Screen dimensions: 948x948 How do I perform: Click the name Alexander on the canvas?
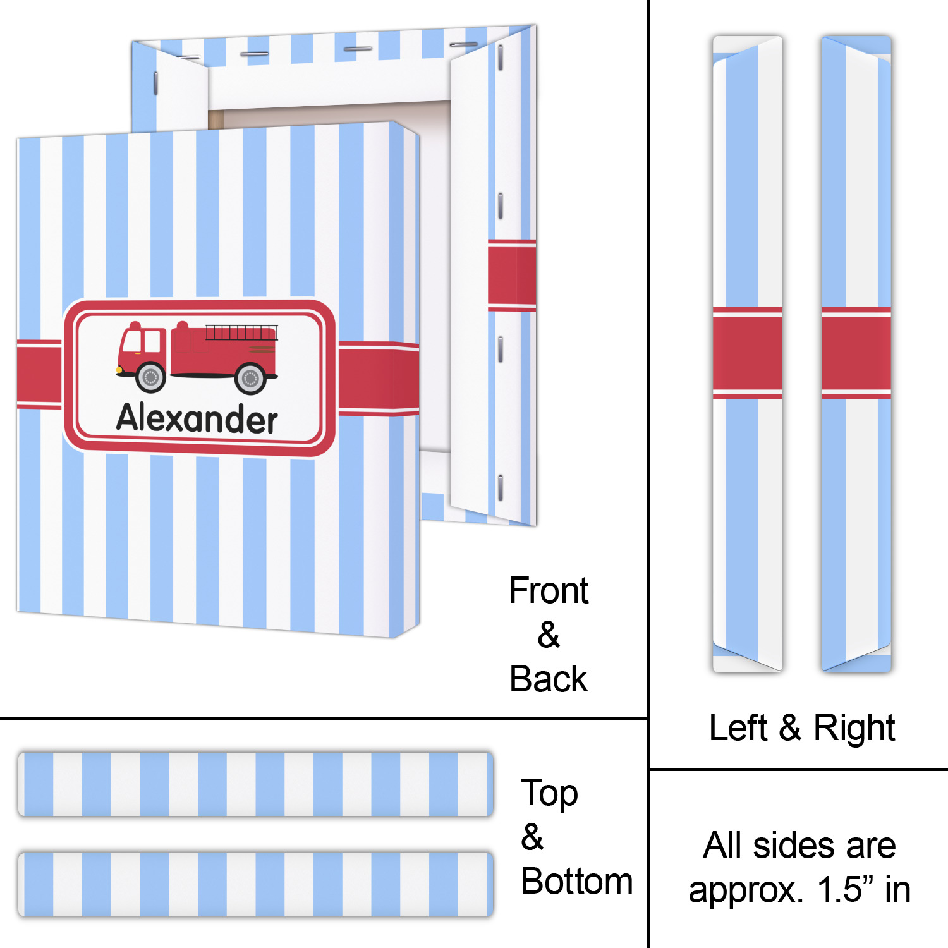point(197,418)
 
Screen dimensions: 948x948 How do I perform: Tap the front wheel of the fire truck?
point(150,377)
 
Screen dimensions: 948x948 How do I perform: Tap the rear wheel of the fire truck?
point(250,378)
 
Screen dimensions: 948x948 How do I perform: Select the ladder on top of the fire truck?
point(241,332)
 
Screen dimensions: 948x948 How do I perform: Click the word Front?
point(549,591)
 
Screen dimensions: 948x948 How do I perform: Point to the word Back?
point(549,679)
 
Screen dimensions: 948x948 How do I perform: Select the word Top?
point(549,793)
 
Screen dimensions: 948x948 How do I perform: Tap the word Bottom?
point(576,882)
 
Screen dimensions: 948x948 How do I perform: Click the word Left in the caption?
point(738,727)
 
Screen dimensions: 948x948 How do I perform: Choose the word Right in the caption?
point(854,727)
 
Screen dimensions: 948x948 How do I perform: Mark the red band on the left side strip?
point(748,353)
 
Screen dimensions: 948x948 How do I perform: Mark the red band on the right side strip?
point(856,353)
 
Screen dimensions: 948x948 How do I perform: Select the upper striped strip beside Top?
point(255,784)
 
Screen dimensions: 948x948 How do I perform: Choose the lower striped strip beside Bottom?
point(255,884)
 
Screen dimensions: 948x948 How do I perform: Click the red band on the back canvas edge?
point(511,276)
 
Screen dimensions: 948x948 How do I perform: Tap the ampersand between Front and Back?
point(549,635)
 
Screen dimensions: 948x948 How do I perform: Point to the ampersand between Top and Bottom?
point(532,837)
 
